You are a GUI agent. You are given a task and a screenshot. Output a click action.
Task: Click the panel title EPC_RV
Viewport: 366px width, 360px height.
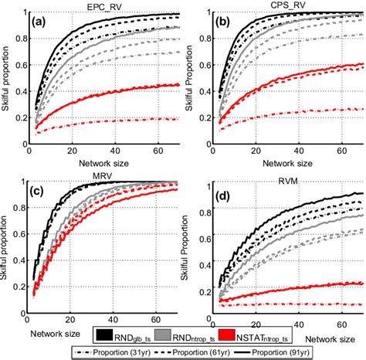pos(97,6)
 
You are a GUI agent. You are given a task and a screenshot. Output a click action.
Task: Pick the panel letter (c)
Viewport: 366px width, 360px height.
pos(36,193)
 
